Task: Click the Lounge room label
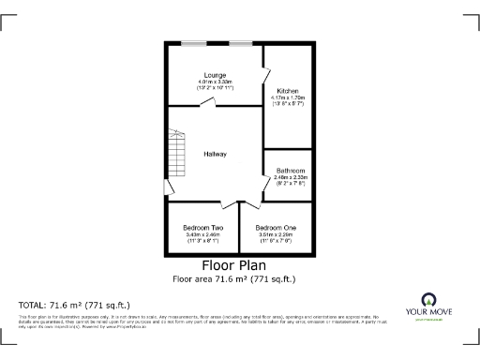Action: [215, 74]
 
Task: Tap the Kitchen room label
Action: [287, 90]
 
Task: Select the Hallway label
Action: [215, 154]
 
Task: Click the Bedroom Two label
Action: [202, 228]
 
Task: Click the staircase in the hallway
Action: [174, 154]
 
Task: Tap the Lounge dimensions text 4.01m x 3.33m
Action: [215, 82]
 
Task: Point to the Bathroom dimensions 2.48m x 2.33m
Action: [290, 177]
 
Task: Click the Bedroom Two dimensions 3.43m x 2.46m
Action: [202, 235]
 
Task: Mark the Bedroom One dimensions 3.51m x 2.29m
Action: [277, 235]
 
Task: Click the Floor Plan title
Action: [239, 265]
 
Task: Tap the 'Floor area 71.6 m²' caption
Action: [239, 278]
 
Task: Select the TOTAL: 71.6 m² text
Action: [74, 306]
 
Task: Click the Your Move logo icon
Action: [430, 300]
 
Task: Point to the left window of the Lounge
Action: [195, 42]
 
